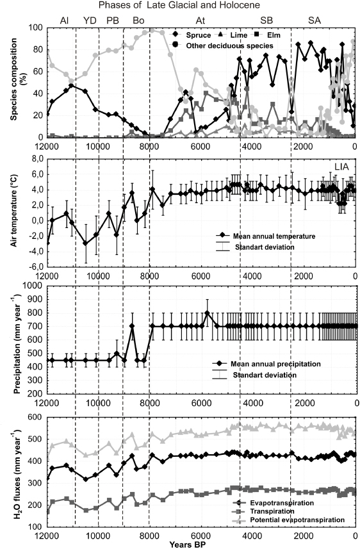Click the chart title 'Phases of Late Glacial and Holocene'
(179, 5)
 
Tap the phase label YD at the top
(90, 20)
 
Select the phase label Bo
(138, 20)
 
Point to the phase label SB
(266, 20)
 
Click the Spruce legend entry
(192, 35)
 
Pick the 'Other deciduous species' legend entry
(222, 45)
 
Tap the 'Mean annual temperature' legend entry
(266, 236)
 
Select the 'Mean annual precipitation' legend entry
(266, 364)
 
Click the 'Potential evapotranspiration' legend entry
(288, 520)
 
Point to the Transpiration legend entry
(263, 511)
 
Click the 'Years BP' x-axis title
(186, 545)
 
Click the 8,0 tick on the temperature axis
(36, 159)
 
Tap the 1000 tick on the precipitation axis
(33, 285)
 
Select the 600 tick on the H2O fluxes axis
(35, 417)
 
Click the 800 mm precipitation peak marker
(207, 313)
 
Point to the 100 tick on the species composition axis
(35, 28)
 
